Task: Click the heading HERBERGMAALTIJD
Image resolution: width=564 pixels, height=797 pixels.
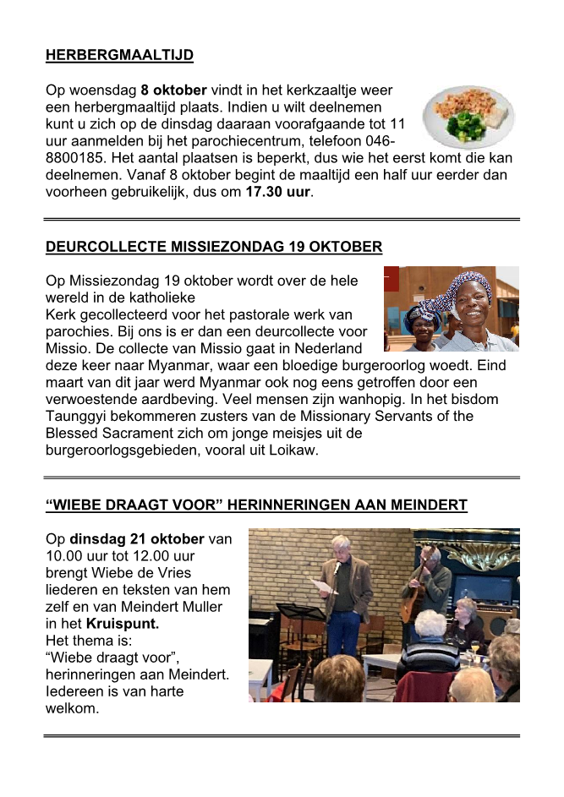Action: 119,56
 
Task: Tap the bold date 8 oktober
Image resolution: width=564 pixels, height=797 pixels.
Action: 173,89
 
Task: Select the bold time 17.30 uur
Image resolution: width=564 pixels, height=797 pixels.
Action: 278,192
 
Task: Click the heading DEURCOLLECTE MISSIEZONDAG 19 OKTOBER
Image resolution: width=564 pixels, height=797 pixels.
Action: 214,247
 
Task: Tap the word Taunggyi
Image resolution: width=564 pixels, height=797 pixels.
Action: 80,416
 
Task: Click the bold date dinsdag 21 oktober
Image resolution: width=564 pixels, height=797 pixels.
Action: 137,539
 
